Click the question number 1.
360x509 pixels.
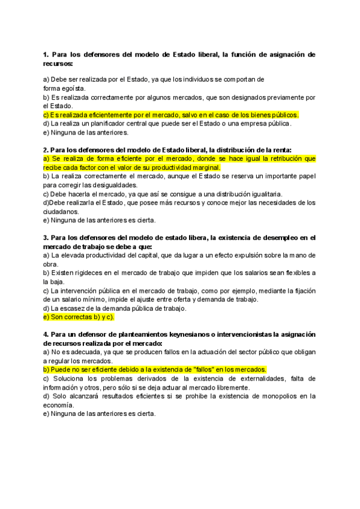coord(46,55)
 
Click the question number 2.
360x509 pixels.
coord(46,150)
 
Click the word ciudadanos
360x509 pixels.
coord(62,211)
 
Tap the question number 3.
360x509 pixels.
coord(46,238)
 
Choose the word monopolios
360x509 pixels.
coord(281,396)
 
